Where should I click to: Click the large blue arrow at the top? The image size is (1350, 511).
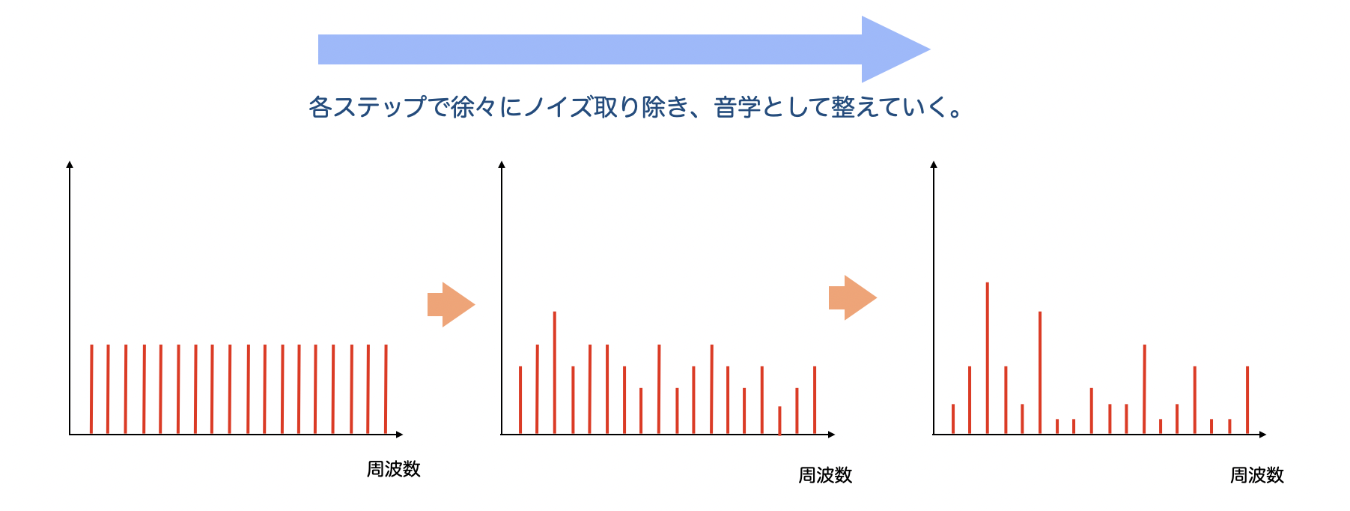click(x=624, y=49)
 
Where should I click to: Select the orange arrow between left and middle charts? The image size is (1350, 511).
click(x=451, y=305)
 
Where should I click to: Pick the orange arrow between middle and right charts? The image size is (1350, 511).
click(x=853, y=297)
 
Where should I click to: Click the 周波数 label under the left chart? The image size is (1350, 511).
click(x=394, y=469)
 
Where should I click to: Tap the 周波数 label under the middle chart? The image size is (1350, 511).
click(x=825, y=475)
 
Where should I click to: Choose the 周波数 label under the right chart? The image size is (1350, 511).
click(x=1257, y=475)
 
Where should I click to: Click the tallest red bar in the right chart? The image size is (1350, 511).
click(x=988, y=358)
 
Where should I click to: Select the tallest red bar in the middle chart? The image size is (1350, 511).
click(x=555, y=372)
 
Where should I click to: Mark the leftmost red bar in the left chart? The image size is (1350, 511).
click(x=91, y=390)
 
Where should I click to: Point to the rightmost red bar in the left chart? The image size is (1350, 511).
click(x=386, y=390)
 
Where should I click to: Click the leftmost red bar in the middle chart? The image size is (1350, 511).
click(x=520, y=400)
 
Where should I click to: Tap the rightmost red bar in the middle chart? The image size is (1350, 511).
click(x=815, y=400)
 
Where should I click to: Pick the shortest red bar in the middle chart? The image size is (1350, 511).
click(x=779, y=420)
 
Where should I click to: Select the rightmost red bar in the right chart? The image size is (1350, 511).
click(x=1247, y=400)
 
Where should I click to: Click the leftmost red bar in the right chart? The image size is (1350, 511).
click(x=953, y=419)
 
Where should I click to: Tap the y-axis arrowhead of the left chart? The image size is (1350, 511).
click(x=70, y=164)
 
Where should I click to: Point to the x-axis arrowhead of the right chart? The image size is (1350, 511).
click(x=1262, y=435)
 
